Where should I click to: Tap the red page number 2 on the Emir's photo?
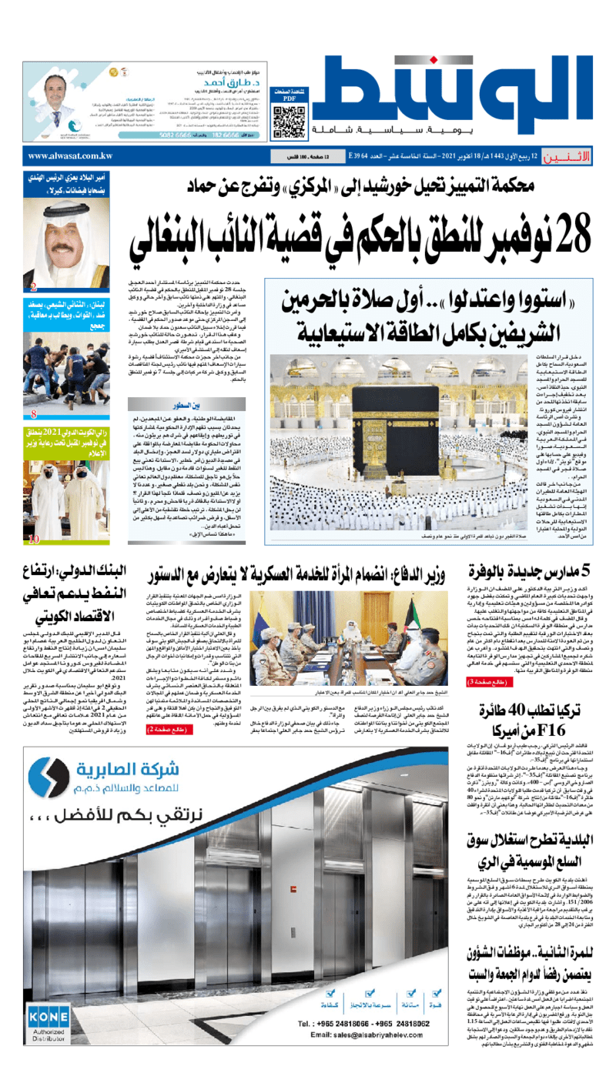click(34, 288)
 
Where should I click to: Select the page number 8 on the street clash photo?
click(34, 415)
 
